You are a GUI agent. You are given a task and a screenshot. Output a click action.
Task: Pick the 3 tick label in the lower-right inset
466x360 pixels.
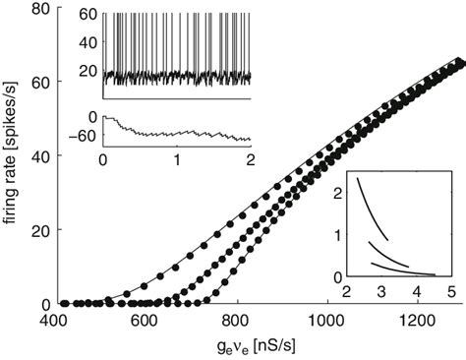[x=379, y=293]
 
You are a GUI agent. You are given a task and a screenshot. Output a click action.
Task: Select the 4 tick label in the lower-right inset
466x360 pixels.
[x=415, y=293]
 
